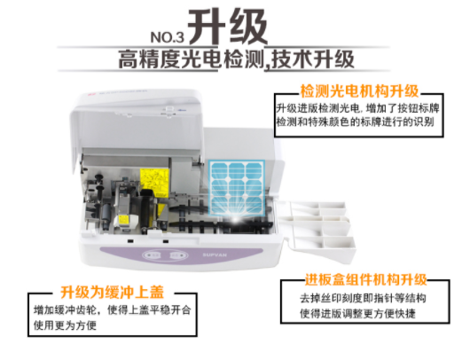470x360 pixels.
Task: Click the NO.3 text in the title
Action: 167,37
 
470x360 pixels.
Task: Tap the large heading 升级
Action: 228,27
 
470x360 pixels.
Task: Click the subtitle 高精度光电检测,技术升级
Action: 236,59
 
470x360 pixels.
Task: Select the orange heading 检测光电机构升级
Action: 359,91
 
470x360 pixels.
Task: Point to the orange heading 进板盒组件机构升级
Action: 365,279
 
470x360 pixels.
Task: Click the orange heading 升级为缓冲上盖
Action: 113,292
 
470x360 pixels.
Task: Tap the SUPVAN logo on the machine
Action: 215,255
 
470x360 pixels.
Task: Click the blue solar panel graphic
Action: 237,187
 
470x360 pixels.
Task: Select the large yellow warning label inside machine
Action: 154,181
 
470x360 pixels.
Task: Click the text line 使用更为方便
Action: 65,325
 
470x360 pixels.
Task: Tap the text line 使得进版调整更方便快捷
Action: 357,314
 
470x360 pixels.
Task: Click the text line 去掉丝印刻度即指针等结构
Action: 363,298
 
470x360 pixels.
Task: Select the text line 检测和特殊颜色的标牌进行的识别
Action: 356,122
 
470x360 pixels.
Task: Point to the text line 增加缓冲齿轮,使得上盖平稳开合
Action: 112,310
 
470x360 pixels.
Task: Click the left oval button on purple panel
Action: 153,255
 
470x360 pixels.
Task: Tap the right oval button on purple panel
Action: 178,255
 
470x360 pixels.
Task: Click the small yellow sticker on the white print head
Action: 124,220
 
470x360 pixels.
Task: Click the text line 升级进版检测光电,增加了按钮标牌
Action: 357,108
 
